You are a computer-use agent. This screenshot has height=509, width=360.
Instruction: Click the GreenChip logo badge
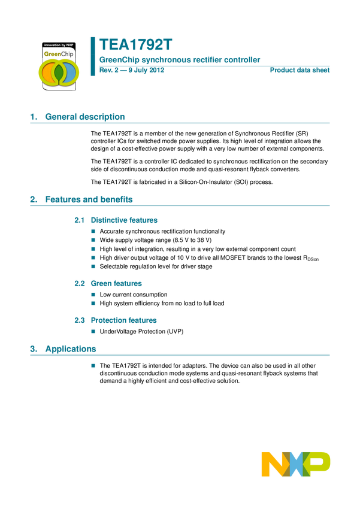(58, 65)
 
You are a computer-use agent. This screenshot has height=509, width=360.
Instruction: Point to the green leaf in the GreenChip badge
(58, 73)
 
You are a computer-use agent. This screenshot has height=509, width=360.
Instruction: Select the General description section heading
(78, 117)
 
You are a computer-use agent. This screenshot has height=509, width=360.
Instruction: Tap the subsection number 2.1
(79, 220)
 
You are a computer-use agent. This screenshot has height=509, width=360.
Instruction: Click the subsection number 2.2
(79, 284)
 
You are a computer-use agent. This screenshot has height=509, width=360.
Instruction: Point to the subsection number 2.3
(79, 320)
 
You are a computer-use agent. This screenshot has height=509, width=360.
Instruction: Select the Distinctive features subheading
(125, 220)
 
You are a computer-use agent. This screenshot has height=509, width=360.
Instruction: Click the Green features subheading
(117, 284)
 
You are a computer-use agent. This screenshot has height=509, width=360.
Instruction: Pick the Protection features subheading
(124, 320)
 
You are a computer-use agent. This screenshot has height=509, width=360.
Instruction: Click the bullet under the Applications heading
(93, 365)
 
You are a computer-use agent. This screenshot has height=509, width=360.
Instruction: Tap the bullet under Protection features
(93, 331)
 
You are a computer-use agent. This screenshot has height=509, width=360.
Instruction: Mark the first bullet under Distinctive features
(93, 231)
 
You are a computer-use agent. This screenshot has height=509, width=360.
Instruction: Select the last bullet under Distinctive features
(93, 266)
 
